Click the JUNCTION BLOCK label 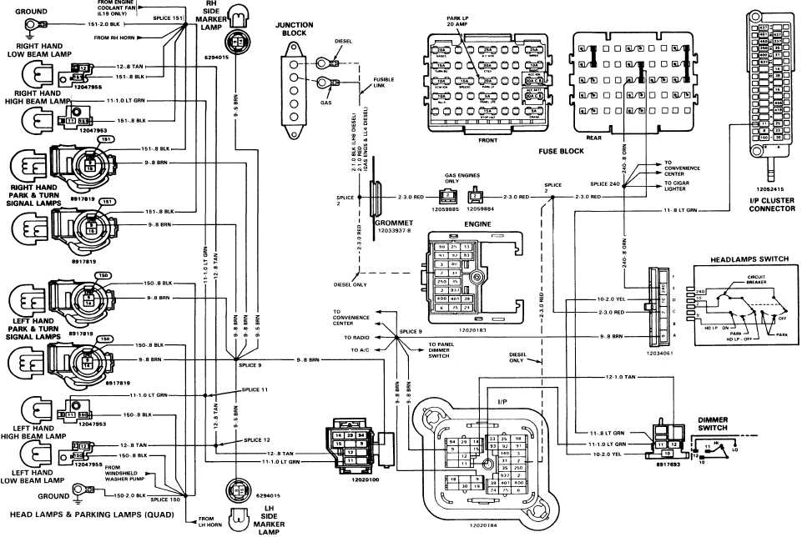point(294,30)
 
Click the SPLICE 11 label point(255,389)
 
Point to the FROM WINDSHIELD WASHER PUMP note point(123,472)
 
